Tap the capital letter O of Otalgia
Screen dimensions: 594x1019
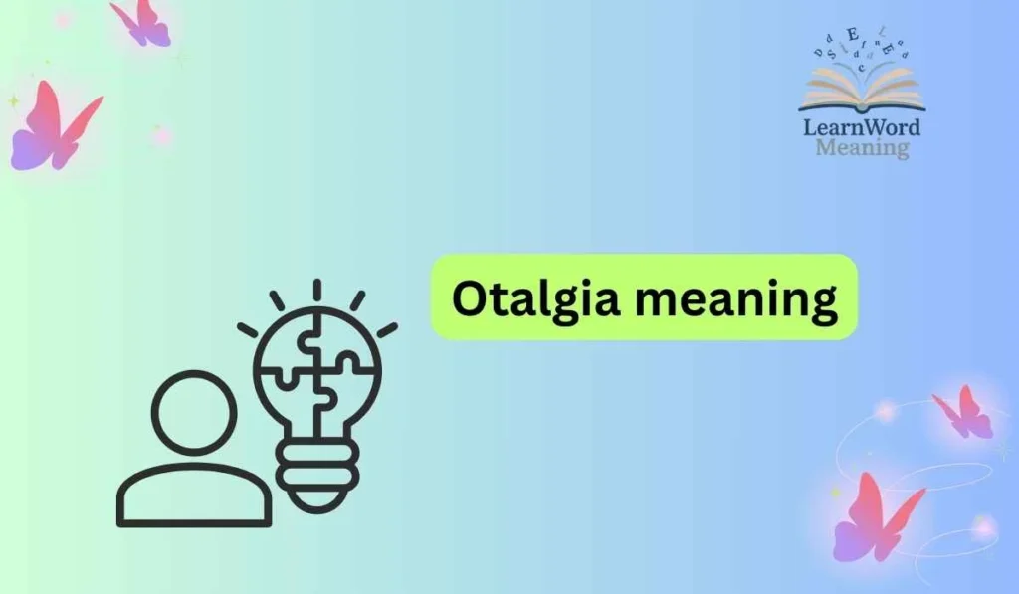[x=468, y=297]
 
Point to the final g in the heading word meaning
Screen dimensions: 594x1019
[x=823, y=303]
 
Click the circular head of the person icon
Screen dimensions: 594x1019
[x=195, y=410]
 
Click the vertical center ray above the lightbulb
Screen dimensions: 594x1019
[x=316, y=290]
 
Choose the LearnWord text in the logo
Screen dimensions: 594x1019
[x=862, y=127]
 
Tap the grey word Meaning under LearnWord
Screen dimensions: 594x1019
[x=862, y=148]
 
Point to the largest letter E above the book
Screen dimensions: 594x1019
[x=854, y=36]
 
